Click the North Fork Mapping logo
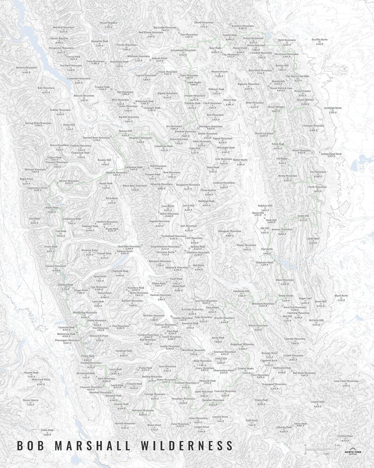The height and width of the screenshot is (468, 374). click(353, 452)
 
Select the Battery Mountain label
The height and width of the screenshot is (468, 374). click(26, 67)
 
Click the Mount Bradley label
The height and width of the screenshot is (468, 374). click(108, 23)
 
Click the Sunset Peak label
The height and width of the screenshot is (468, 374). click(31, 373)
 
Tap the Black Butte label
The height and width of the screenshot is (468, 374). click(341, 296)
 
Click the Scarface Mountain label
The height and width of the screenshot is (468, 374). click(243, 25)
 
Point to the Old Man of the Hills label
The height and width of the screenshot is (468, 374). click(297, 76)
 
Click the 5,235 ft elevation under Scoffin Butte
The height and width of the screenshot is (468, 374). click(319, 44)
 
